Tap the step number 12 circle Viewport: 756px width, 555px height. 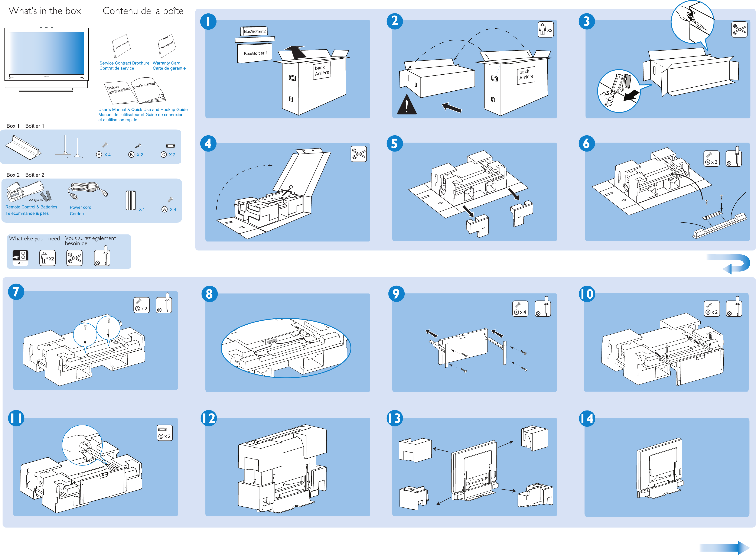click(209, 418)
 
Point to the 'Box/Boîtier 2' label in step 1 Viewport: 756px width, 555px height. click(254, 31)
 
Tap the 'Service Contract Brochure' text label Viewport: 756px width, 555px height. click(124, 63)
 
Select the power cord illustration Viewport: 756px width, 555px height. click(87, 191)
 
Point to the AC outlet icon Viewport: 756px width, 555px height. click(20, 258)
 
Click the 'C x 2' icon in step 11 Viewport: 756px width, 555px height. click(164, 433)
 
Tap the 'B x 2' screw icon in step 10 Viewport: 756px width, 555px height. click(711, 308)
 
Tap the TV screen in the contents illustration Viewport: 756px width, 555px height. click(46, 53)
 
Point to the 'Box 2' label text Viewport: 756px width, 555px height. click(13, 175)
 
